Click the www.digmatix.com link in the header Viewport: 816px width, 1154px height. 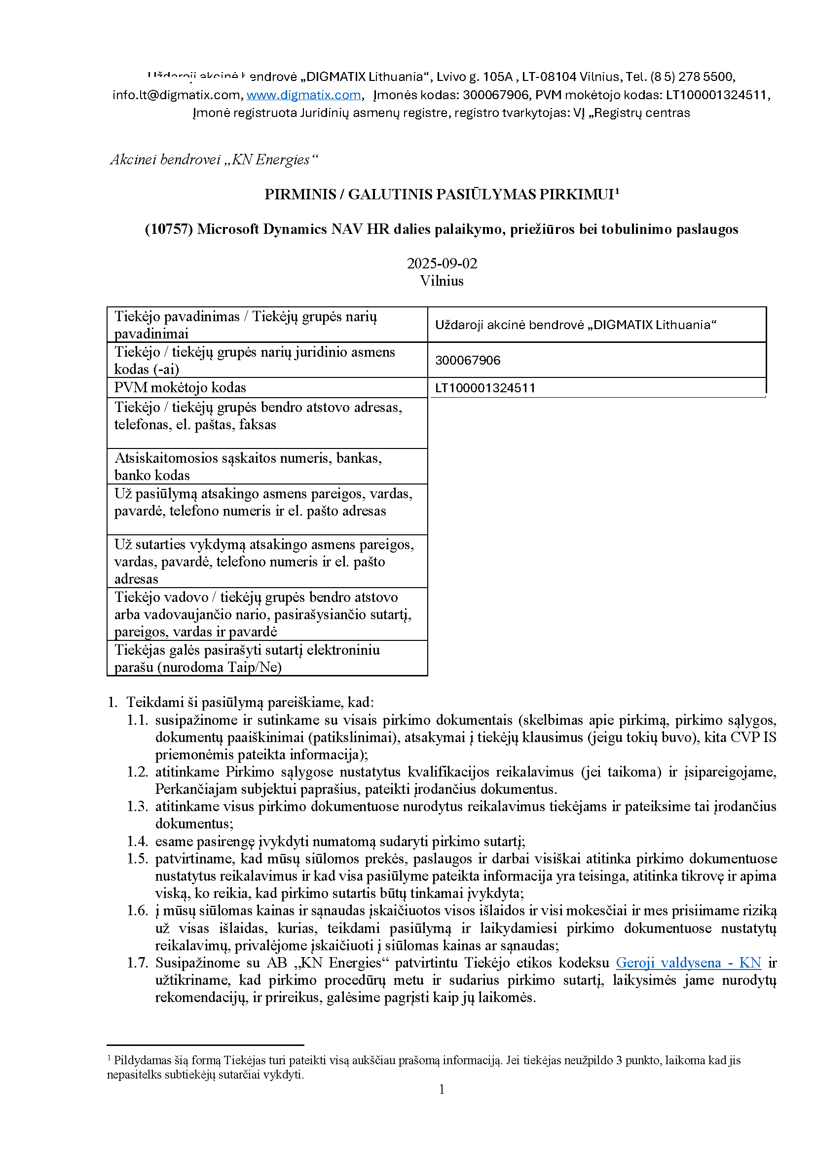(303, 95)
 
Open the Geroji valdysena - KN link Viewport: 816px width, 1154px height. (688, 963)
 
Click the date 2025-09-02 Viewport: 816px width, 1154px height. (442, 263)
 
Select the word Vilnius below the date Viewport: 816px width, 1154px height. (442, 280)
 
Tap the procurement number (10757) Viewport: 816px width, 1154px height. (169, 229)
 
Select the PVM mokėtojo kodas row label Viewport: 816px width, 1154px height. (180, 387)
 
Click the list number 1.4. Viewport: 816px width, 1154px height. (137, 841)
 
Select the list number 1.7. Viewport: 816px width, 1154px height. (137, 963)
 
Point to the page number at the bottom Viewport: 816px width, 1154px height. (442, 1089)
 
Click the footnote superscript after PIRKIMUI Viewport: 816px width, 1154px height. (617, 190)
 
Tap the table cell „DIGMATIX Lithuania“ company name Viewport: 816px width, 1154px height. (576, 325)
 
